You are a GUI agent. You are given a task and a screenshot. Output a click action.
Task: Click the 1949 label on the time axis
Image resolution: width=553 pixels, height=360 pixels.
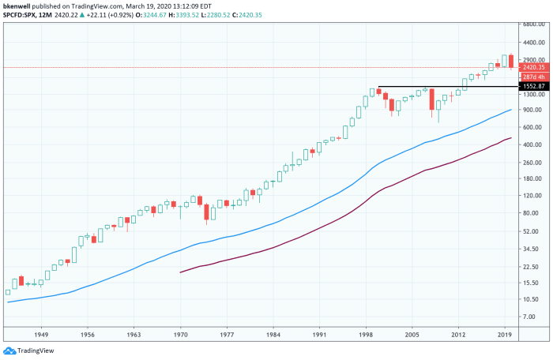43,335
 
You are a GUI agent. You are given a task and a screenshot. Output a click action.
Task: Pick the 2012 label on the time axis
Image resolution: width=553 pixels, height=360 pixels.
459,335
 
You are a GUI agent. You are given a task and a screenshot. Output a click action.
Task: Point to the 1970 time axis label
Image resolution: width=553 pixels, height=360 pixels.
182,335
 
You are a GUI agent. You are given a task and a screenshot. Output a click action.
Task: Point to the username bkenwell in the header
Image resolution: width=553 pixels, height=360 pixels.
19,5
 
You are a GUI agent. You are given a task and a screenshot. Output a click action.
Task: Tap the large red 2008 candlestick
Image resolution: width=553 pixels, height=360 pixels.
431,99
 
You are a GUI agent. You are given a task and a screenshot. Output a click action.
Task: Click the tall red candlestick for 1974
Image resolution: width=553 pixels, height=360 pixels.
207,212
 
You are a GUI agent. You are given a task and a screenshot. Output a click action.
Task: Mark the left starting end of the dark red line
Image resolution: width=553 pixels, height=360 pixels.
181,272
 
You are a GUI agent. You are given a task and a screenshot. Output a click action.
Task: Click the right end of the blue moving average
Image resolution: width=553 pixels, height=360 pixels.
511,110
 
